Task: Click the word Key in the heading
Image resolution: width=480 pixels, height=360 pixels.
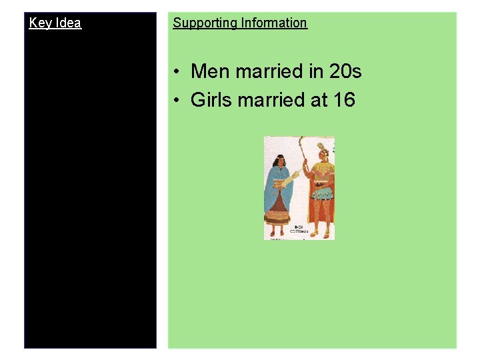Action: pos(39,23)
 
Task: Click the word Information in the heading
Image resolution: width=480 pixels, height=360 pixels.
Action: pos(274,23)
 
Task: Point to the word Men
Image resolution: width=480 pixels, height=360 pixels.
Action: pos(208,71)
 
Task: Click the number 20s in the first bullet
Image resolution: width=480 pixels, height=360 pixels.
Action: pos(343,71)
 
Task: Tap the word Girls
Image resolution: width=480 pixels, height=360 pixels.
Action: pos(210,100)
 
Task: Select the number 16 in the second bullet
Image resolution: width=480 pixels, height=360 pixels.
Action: pos(345,100)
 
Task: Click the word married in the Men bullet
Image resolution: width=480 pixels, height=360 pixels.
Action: pos(262,71)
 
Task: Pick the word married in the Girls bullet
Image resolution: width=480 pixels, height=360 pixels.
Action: pos(267,100)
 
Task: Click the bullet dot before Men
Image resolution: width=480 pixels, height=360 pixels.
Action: pos(175,72)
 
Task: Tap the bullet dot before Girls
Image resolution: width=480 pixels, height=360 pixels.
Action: pos(175,101)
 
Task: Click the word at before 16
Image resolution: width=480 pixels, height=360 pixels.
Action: pos(316,100)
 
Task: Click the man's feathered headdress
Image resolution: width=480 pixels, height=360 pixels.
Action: pos(322,149)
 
